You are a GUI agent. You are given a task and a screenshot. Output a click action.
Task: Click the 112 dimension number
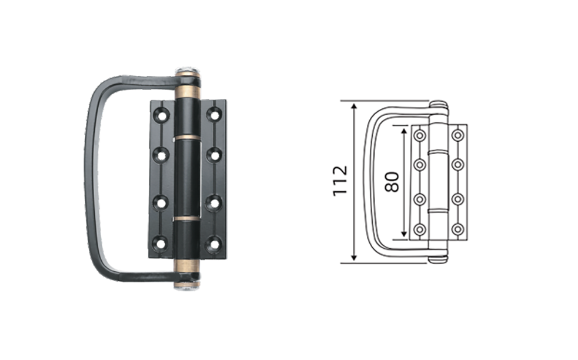(x=340, y=181)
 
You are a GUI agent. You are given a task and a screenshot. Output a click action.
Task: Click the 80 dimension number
(x=392, y=182)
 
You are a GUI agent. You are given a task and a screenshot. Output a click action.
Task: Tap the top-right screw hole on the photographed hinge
(x=214, y=114)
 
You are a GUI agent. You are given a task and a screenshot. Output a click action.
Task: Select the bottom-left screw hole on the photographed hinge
(x=161, y=244)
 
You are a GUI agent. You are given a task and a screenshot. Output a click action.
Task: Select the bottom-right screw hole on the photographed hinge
(x=213, y=244)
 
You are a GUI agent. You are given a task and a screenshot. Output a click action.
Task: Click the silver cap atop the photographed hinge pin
(x=188, y=70)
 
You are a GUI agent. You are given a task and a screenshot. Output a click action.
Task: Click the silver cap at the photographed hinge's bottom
(x=187, y=286)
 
